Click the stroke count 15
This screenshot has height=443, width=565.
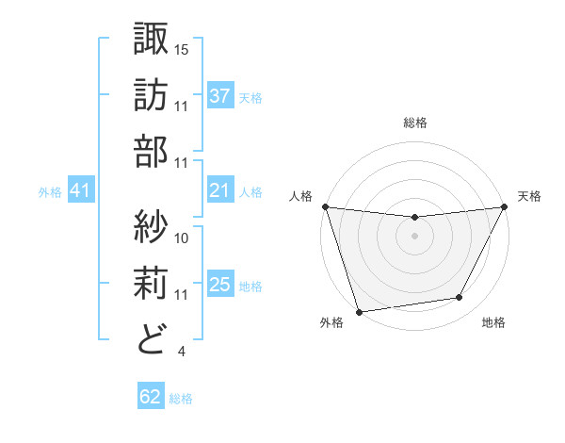click(183, 48)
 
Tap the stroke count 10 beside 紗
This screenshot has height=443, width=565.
click(183, 238)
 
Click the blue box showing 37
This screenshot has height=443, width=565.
click(219, 96)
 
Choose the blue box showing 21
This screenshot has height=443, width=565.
click(219, 191)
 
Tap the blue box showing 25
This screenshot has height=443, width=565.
click(219, 285)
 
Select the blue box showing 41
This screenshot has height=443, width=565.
click(80, 191)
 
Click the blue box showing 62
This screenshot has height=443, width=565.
click(150, 397)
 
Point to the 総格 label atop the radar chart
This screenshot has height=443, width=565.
click(414, 123)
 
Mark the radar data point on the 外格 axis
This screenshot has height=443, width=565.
click(358, 312)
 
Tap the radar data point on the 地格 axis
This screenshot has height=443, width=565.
click(460, 298)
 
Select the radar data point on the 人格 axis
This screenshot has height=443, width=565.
click(325, 206)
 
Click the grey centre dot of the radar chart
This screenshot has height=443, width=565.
click(414, 236)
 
